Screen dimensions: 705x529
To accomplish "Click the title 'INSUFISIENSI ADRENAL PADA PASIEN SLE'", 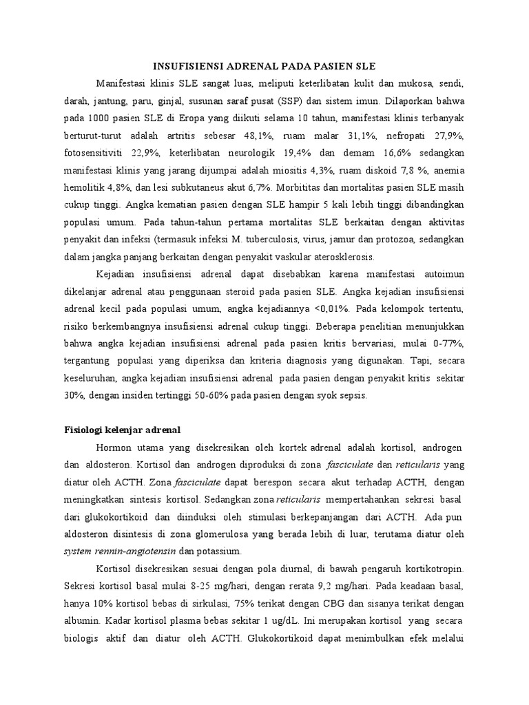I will (264, 67).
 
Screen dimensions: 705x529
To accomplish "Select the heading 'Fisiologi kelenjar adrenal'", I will (118, 430).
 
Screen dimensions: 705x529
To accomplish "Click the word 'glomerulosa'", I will (229, 534).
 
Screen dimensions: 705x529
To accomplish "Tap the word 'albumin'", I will (72, 620).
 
